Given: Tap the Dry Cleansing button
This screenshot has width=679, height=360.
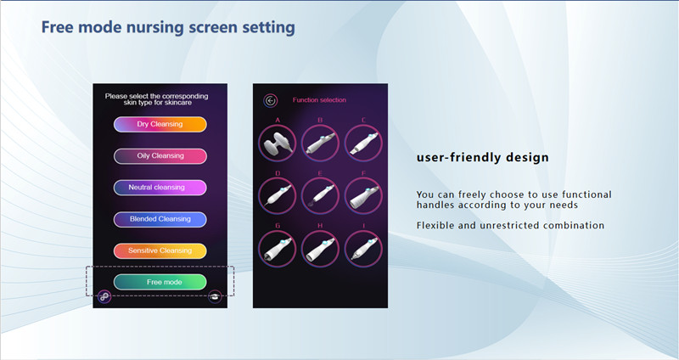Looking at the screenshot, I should coord(160,125).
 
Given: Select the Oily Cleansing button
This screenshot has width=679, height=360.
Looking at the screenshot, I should coord(160,156).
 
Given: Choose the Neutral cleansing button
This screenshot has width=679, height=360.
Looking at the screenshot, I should coord(160,188).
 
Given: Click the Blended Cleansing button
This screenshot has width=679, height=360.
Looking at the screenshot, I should coord(160,219).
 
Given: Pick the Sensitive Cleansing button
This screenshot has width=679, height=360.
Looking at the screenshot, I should coord(160,250).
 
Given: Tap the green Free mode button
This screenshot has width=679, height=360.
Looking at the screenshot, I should coord(160,281).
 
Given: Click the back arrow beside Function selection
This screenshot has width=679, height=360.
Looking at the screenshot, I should coord(271,100).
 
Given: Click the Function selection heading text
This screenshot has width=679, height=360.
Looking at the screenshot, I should coord(319,100).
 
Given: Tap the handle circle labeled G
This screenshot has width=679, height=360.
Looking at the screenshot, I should coord(278,250).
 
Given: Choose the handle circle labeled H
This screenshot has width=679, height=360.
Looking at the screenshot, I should coord(320,250).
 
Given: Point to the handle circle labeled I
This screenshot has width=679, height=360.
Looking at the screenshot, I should coord(363,250).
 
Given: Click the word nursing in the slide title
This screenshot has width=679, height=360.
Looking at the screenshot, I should coord(148,27).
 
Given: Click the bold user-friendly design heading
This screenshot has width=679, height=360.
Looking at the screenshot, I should coord(482,158).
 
